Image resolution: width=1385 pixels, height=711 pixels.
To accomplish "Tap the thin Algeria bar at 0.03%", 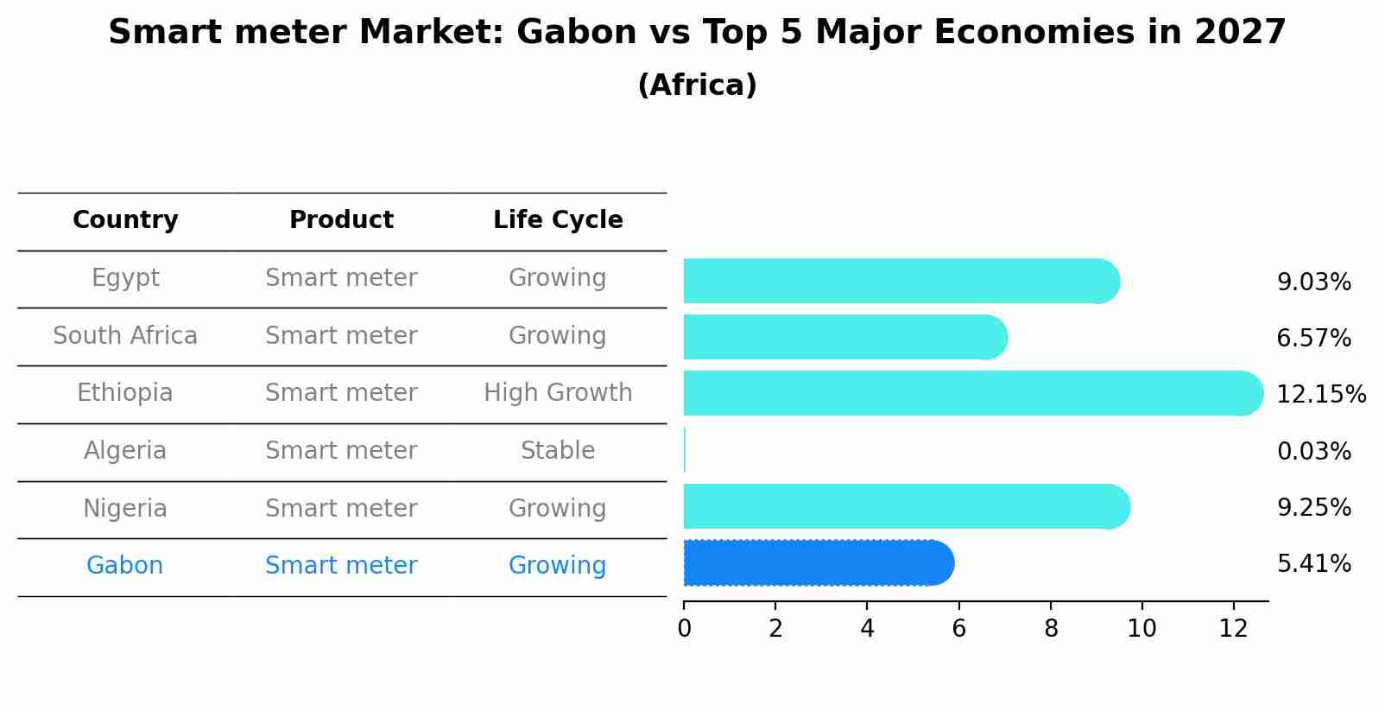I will click(x=685, y=450).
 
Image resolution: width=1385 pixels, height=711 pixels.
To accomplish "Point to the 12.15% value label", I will click(x=1320, y=395).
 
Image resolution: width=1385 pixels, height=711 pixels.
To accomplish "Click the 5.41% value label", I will click(x=1313, y=564).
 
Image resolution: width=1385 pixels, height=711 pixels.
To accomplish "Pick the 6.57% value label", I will click(x=1313, y=339).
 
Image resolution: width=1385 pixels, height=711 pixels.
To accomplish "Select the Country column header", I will click(x=125, y=220).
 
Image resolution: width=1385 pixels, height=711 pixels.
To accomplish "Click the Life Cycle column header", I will click(x=558, y=220).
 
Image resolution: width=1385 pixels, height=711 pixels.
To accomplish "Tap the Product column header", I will click(x=341, y=220).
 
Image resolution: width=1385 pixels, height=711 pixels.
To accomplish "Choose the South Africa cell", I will click(x=125, y=336).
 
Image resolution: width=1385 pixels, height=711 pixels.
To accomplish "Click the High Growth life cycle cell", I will click(x=558, y=393).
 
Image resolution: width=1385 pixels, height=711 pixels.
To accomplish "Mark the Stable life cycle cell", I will click(x=558, y=451).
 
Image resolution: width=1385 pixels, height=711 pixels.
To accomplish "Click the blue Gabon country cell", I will click(x=124, y=566).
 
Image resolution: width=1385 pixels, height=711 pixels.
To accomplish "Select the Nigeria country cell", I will click(x=125, y=509).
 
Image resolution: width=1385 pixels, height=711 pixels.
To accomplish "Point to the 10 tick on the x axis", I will click(x=1142, y=629).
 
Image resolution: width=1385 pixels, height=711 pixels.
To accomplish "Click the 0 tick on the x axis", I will click(x=684, y=629).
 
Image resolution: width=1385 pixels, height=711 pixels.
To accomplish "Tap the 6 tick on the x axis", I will click(x=958, y=629).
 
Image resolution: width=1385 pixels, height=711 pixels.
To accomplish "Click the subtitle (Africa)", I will click(x=697, y=86).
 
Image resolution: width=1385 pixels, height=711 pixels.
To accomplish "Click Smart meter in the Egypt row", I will click(x=341, y=278).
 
